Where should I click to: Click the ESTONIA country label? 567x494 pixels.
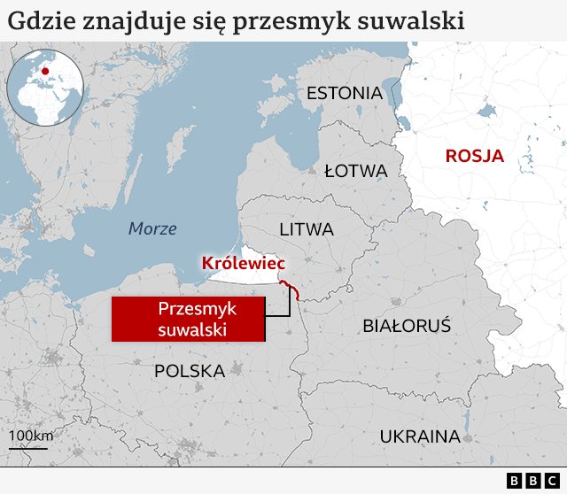345,93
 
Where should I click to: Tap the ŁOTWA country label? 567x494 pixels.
356,170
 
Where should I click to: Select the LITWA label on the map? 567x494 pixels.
307,229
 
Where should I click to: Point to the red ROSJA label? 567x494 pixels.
474,157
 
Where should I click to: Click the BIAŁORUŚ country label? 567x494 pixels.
407,326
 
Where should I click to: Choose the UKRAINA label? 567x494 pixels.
420,436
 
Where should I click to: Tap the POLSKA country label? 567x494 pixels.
190,371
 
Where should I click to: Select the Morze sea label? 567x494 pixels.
152,228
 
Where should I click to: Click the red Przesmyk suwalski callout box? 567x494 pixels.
189,319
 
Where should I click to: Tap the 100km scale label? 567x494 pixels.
32,436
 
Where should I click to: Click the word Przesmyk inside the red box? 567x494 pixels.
189,308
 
